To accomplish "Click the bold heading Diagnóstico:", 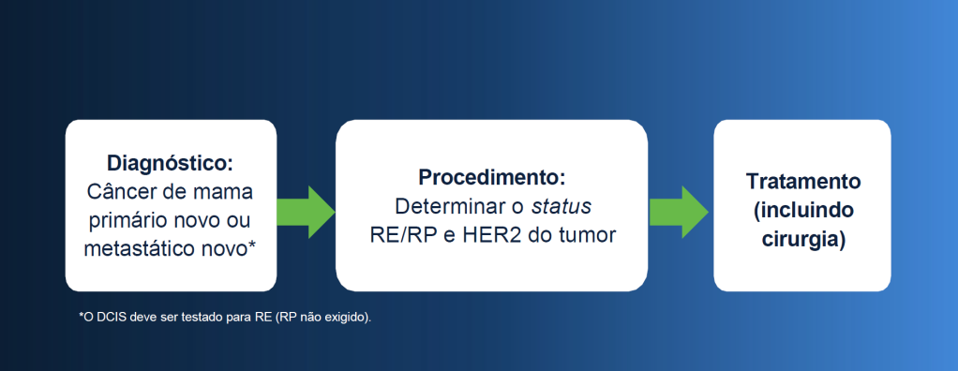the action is (171, 164).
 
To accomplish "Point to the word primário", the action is (127, 221).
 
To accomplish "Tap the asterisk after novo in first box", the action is (252, 245).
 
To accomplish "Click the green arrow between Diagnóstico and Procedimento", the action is (306, 212).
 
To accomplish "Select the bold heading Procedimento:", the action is (492, 178).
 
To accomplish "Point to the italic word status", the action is (561, 207).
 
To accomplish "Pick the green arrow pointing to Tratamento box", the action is (679, 212).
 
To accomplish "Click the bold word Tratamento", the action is (802, 182).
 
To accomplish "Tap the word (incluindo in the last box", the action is (802, 211).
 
